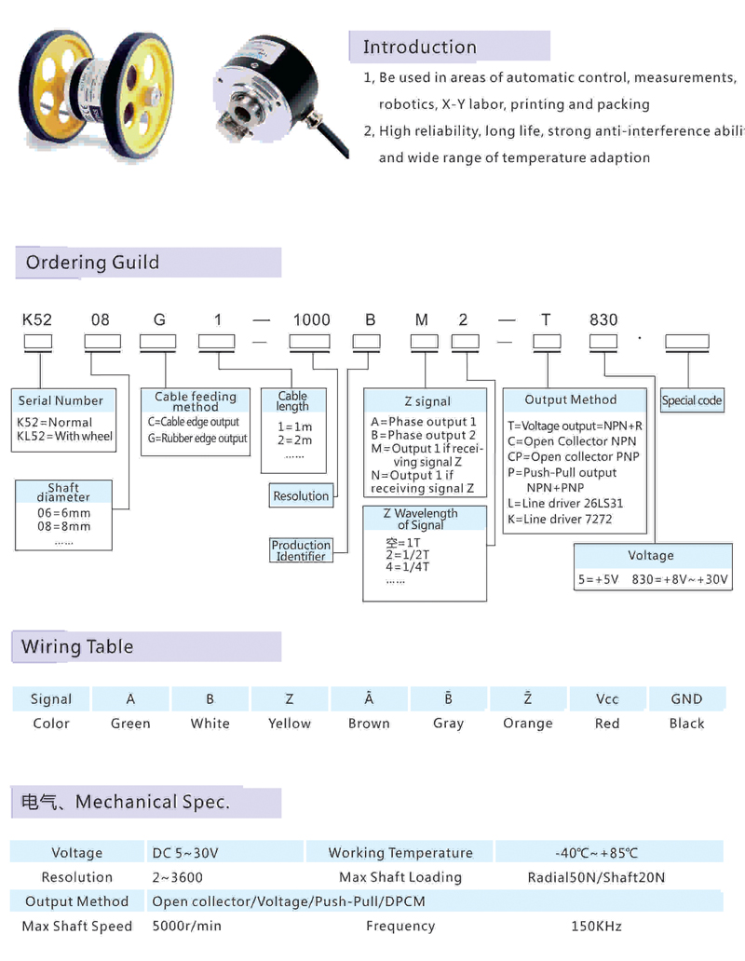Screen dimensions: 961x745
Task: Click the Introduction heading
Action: [x=419, y=47]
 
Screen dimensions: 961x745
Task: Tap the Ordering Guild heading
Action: [x=92, y=263]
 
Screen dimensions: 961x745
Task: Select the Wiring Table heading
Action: [x=77, y=647]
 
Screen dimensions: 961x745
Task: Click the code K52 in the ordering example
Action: [x=37, y=319]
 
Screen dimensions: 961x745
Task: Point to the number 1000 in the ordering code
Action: [x=311, y=319]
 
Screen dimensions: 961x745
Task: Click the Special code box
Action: [x=692, y=401]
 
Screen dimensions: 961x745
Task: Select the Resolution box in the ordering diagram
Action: [x=301, y=496]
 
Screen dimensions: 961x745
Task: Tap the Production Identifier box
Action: [x=301, y=550]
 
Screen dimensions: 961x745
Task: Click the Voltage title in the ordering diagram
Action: [x=650, y=556]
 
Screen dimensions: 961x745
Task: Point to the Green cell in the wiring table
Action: [x=130, y=724]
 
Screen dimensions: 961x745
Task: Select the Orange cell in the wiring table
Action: [x=527, y=724]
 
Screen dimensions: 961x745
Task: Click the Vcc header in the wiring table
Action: [x=607, y=699]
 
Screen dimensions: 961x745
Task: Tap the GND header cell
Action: [x=686, y=699]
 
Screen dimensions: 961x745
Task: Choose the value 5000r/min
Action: [x=187, y=927]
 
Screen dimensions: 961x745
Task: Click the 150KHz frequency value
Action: [x=596, y=927]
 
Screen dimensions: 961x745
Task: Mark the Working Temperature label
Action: [x=400, y=853]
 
